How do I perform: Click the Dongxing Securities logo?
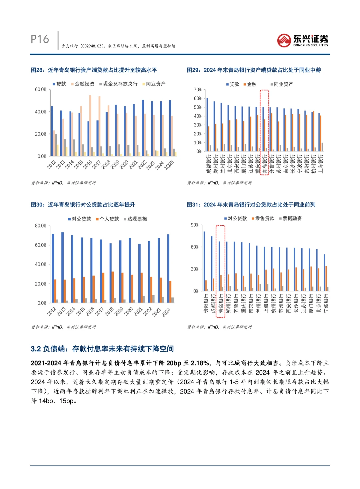pyautogui.click(x=302, y=40)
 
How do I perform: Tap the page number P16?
pyautogui.click(x=40, y=39)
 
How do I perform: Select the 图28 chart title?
pyautogui.click(x=94, y=70)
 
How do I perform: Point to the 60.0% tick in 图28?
pyautogui.click(x=40, y=89)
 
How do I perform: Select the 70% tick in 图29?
pyautogui.click(x=198, y=90)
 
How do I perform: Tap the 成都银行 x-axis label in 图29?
pyautogui.click(x=209, y=163)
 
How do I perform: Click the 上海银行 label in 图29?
pyautogui.click(x=321, y=163)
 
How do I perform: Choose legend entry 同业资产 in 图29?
pyautogui.click(x=283, y=84)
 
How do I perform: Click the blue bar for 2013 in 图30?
pyautogui.click(x=62, y=267)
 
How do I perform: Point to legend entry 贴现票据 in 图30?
pyautogui.click(x=137, y=219)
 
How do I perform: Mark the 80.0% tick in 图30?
pyautogui.click(x=40, y=226)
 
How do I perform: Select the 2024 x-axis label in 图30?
pyautogui.click(x=166, y=312)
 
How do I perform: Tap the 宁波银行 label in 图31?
pyautogui.click(x=326, y=303)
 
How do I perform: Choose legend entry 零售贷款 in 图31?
pyautogui.click(x=264, y=218)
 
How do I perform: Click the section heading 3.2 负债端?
pyautogui.click(x=102, y=349)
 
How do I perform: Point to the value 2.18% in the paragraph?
pyautogui.click(x=200, y=363)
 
